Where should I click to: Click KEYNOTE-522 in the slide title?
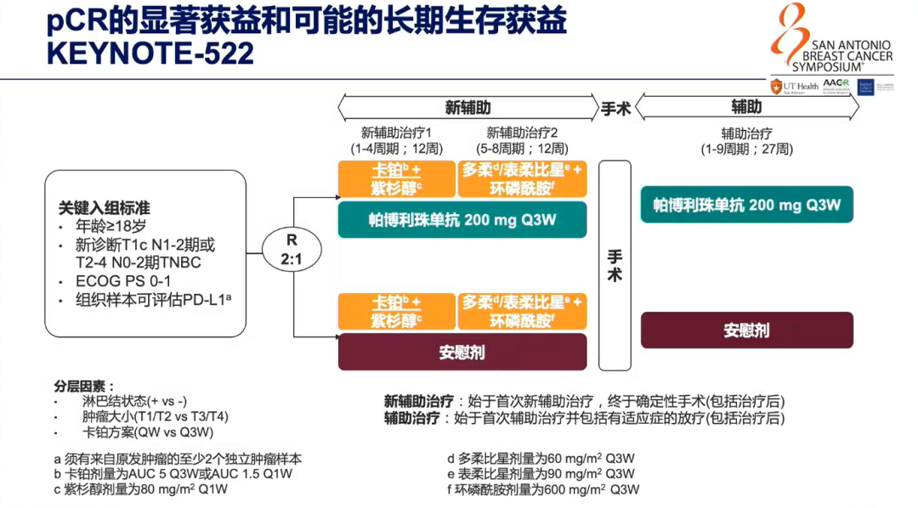coord(150,54)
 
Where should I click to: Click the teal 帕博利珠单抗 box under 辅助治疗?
coord(746,205)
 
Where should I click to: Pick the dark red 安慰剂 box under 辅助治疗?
coord(746,330)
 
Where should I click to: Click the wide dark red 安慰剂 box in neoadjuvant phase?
coord(462,352)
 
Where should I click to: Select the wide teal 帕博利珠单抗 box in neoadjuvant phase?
coord(462,219)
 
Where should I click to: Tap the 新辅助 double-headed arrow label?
coord(467,108)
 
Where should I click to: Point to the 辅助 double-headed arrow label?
coord(746,107)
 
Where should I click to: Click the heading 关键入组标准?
coord(105,208)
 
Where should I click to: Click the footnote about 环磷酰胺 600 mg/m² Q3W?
coord(543,489)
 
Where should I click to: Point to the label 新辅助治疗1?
coord(397,133)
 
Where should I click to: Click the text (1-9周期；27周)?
coord(746,149)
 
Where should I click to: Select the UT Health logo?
coord(795,87)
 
